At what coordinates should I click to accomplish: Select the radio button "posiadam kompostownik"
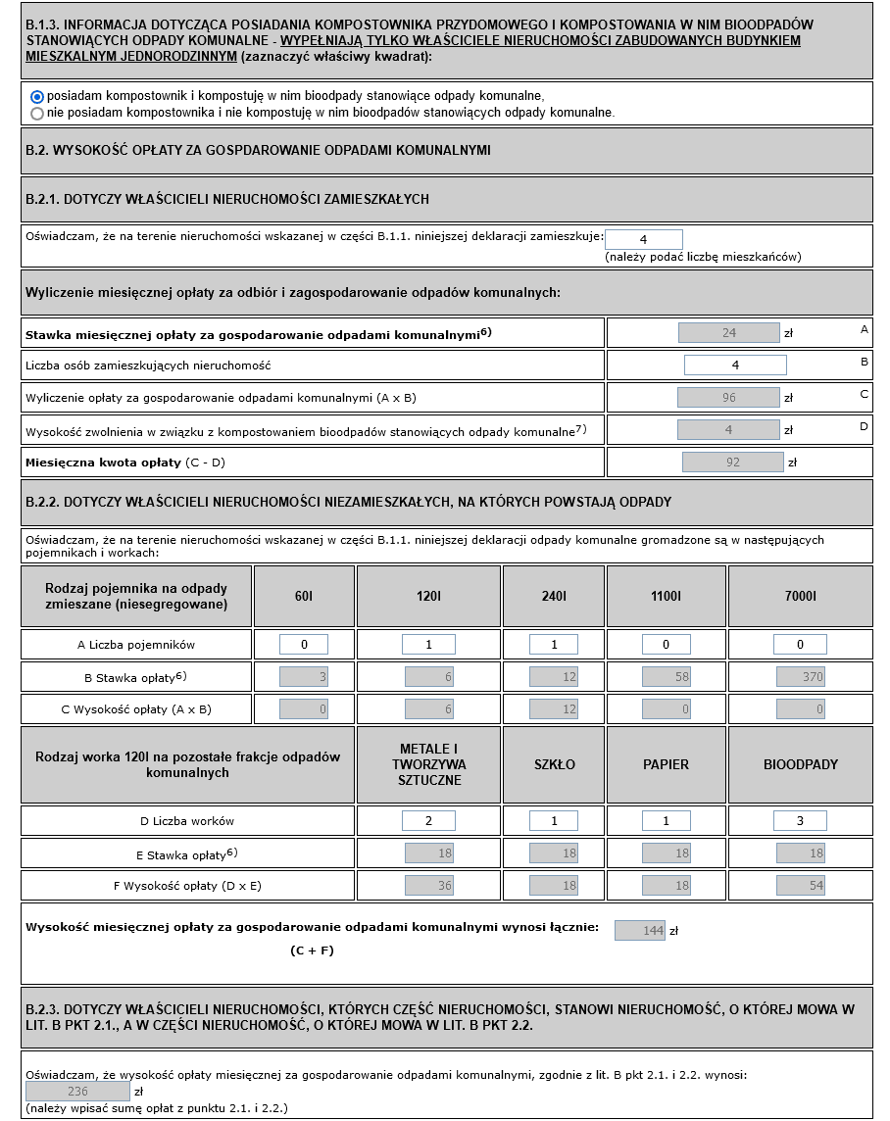pos(37,96)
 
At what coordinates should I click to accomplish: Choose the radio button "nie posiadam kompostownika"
pos(37,113)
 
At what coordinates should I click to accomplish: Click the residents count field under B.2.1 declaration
pos(643,239)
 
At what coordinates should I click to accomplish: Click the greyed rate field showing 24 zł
pos(728,333)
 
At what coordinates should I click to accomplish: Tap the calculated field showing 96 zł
pos(728,398)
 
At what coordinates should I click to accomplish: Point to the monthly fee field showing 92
pos(733,462)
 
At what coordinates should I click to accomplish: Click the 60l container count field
pos(304,645)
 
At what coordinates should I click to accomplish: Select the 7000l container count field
pos(800,645)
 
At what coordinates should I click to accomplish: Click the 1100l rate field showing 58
pos(667,677)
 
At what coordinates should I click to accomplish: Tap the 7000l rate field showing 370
pos(800,677)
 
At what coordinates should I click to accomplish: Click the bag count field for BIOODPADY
pos(800,821)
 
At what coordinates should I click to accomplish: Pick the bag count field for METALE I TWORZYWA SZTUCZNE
pos(428,821)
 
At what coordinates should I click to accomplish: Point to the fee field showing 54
pos(800,886)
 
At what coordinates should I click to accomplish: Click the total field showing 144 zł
pos(640,931)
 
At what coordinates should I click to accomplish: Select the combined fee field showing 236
pos(77,1092)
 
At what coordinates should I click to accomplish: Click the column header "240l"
pos(554,596)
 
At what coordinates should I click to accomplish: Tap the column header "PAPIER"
pos(666,764)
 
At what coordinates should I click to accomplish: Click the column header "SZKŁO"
pos(554,764)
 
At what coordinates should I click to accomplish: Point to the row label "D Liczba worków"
pos(187,821)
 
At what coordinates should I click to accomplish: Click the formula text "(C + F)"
pos(313,950)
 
